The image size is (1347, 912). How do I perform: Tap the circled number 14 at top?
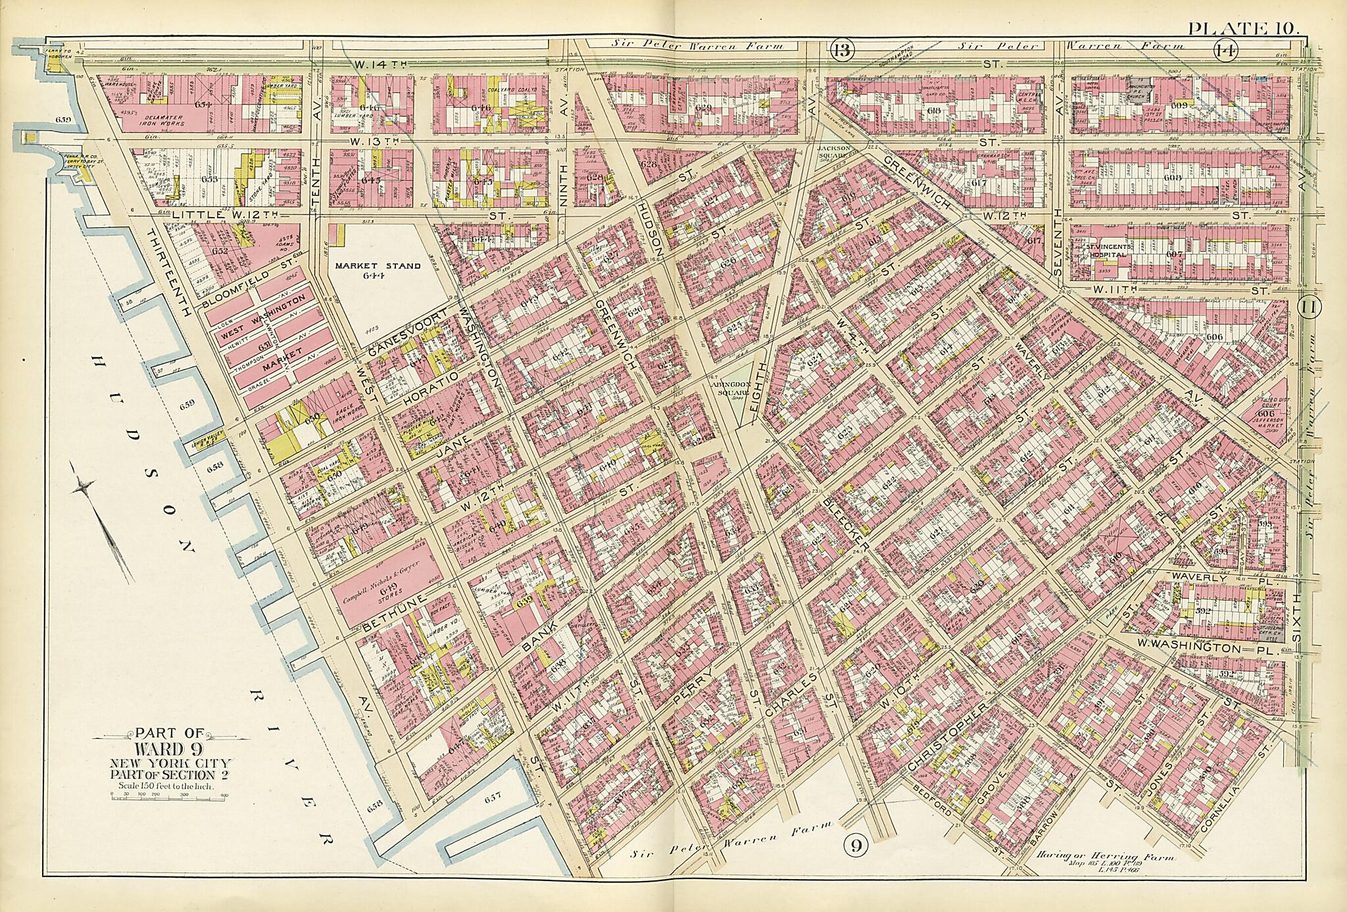click(x=1225, y=49)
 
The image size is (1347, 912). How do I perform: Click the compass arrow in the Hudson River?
click(x=105, y=520)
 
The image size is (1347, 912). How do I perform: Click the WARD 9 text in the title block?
click(x=169, y=750)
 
